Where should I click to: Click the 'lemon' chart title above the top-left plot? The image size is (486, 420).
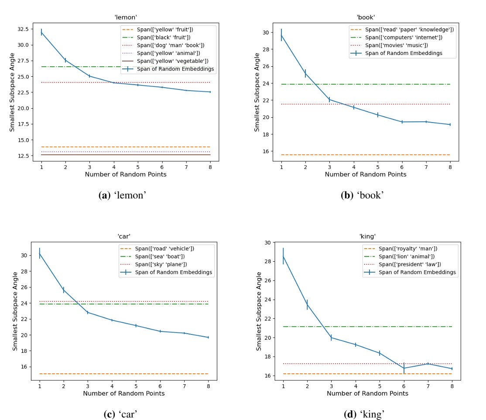[126, 17]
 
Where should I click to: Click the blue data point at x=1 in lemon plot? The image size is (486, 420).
[41, 32]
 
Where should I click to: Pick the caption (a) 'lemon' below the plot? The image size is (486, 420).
[123, 195]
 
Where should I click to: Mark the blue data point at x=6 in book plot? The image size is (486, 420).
[402, 122]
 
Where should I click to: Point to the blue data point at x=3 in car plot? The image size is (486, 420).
[88, 312]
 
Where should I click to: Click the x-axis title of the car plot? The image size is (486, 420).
[124, 393]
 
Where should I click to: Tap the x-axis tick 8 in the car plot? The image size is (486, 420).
[208, 386]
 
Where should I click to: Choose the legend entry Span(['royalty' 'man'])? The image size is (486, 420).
[401, 249]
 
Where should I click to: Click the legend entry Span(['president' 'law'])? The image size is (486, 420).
[403, 264]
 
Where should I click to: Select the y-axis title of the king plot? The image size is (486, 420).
[259, 311]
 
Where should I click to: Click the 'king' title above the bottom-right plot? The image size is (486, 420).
[367, 236]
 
